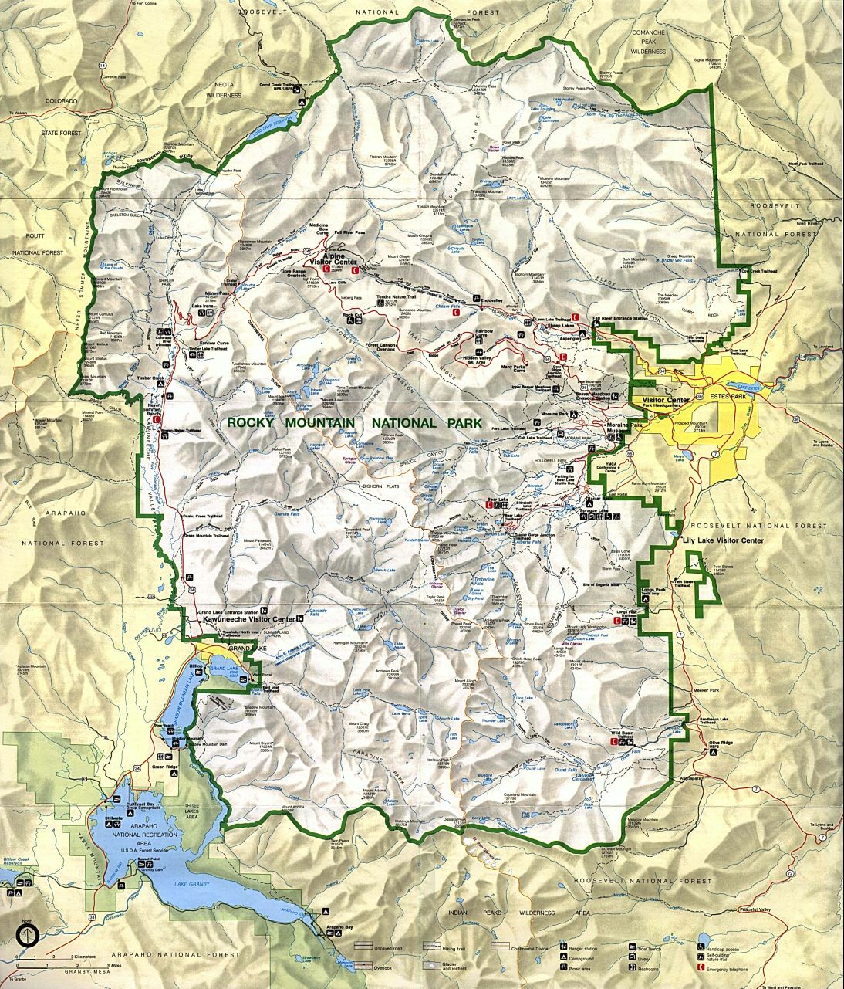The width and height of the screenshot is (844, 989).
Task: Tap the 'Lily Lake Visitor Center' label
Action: [723, 540]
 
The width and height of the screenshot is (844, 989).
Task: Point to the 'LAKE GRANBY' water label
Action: [192, 883]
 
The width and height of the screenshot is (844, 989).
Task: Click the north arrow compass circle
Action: [27, 937]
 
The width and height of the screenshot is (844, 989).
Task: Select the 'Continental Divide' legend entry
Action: [525, 944]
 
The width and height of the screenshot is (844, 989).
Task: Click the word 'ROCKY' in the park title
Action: [252, 423]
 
